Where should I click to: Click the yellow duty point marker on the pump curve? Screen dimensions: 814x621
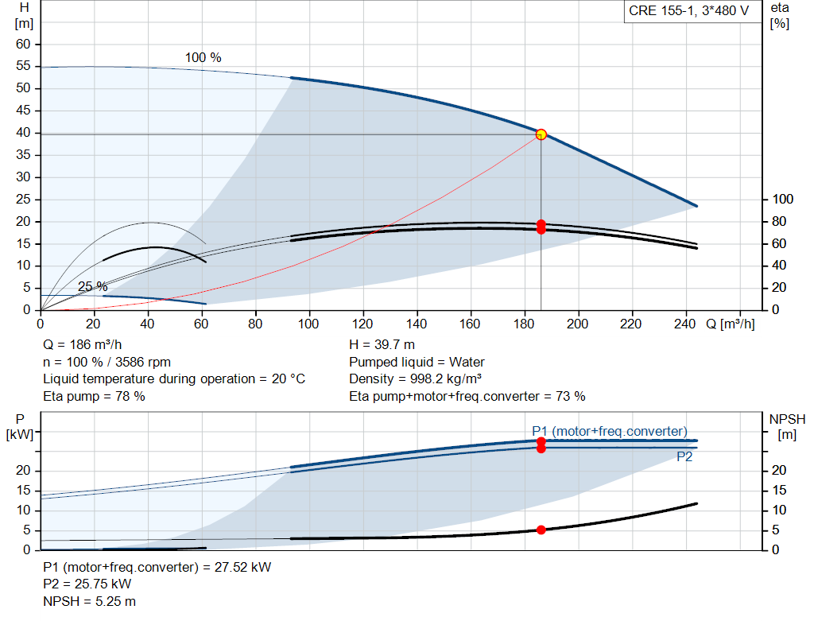click(x=541, y=134)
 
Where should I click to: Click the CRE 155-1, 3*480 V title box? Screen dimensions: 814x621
click(x=689, y=11)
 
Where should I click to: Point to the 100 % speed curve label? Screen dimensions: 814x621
click(x=203, y=57)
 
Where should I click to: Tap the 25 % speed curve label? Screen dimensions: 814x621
click(x=92, y=286)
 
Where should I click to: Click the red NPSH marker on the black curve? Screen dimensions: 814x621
click(x=541, y=530)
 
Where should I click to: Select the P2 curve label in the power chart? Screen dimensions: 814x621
click(x=684, y=456)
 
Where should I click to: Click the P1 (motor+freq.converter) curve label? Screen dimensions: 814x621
click(x=610, y=431)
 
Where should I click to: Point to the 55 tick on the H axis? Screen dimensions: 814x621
click(x=23, y=65)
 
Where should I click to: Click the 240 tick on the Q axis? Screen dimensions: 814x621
click(x=684, y=324)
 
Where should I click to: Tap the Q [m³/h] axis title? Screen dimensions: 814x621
click(x=730, y=324)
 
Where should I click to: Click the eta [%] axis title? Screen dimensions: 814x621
click(x=780, y=16)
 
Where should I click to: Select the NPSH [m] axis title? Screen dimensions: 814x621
click(x=787, y=426)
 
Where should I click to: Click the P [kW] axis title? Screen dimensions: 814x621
click(x=20, y=426)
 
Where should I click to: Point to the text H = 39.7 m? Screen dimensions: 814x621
click(x=382, y=344)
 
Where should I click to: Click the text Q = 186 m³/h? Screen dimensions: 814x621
click(x=83, y=344)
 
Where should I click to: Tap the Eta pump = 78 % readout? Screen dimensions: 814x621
click(x=94, y=396)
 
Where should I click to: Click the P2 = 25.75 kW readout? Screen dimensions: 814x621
click(x=87, y=584)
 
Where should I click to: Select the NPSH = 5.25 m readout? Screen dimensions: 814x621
click(x=89, y=601)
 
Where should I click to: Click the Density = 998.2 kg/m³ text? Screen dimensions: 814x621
click(x=415, y=378)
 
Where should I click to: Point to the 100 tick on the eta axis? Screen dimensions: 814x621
click(x=782, y=199)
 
